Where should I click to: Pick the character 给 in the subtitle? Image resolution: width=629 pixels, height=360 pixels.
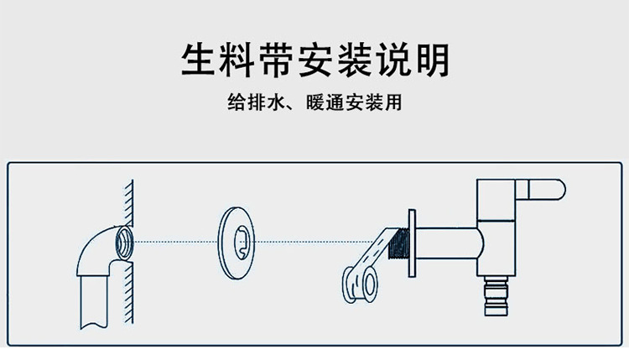[237, 104]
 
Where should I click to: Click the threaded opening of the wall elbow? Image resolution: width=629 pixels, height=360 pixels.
[123, 240]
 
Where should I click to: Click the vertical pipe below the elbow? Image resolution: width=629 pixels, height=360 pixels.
[95, 302]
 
